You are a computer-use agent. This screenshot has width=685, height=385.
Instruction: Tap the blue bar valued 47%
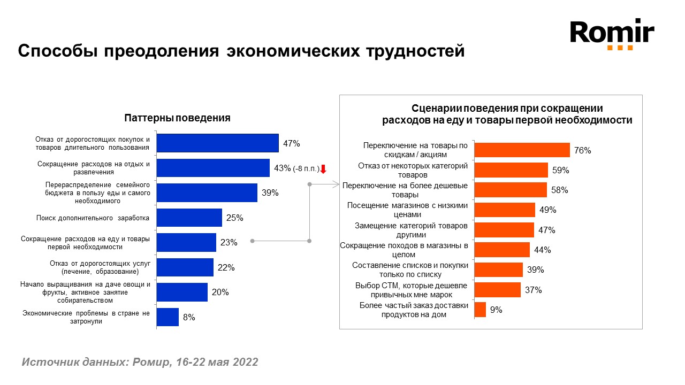pyautogui.click(x=217, y=143)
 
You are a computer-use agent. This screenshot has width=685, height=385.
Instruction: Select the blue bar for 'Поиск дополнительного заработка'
pyautogui.click(x=189, y=218)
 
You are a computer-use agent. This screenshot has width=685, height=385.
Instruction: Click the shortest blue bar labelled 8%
pyautogui.click(x=168, y=317)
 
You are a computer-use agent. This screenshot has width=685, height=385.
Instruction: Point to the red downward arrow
pyautogui.click(x=323, y=169)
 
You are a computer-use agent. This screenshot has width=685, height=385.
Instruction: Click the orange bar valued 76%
pyautogui.click(x=522, y=150)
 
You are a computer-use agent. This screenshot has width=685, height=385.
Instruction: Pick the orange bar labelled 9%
pyautogui.click(x=481, y=310)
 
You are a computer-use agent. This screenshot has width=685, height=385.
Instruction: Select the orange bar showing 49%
pyautogui.click(x=505, y=210)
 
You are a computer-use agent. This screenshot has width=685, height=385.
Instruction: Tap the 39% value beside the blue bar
pyautogui.click(x=270, y=193)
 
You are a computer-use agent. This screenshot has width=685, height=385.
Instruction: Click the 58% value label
pyautogui.click(x=560, y=190)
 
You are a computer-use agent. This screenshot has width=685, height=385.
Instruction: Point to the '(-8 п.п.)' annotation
pyautogui.click(x=306, y=168)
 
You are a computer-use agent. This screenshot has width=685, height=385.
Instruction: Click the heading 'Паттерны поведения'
pyautogui.click(x=177, y=118)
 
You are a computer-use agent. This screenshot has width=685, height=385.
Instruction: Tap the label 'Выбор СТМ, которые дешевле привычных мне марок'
pyautogui.click(x=412, y=290)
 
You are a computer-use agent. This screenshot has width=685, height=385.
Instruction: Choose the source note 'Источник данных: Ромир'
pyautogui.click(x=140, y=362)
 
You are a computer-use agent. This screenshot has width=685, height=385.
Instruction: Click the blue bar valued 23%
pyautogui.click(x=186, y=242)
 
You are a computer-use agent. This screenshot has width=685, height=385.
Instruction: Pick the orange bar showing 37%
pyautogui.click(x=498, y=290)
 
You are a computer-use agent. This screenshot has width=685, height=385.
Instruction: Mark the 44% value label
pyautogui.click(x=542, y=250)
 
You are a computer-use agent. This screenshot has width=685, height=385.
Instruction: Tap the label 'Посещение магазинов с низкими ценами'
pyautogui.click(x=408, y=210)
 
